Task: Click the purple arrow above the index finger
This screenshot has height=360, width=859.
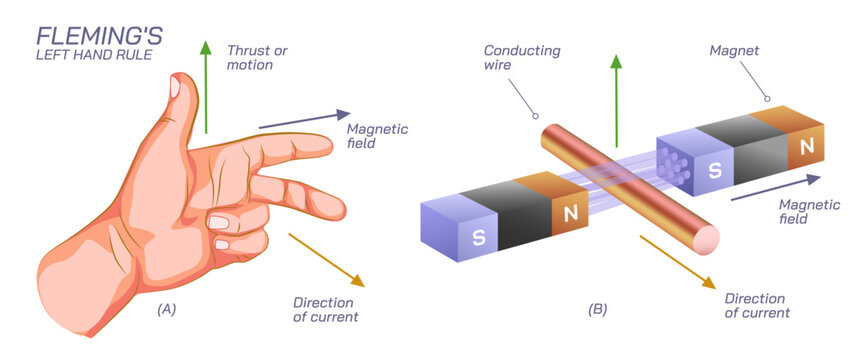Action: coord(305,120)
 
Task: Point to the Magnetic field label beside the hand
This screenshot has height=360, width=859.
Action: coord(377,137)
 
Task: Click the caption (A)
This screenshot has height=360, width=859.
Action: coord(166,309)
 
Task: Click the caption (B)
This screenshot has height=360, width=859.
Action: coord(597,309)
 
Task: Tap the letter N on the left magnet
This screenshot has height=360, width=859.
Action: coord(571,212)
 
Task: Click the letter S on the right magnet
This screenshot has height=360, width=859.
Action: coord(714,170)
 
